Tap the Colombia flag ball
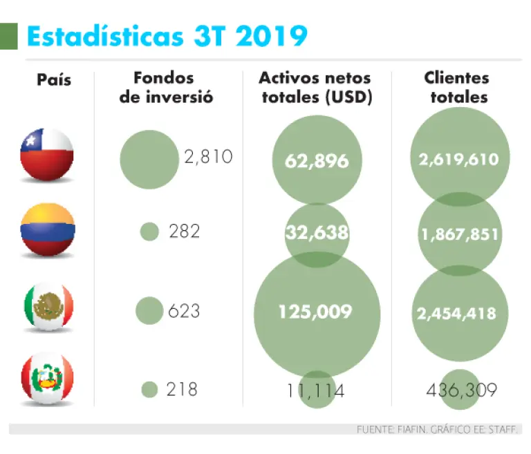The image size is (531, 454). click(x=47, y=231)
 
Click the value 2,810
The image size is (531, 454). click(x=208, y=157)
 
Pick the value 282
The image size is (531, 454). click(x=184, y=231)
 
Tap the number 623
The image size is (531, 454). click(x=184, y=311)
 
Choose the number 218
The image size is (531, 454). click(x=182, y=390)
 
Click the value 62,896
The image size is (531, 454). click(x=317, y=161)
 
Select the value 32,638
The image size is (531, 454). click(x=317, y=232)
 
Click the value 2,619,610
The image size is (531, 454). click(x=458, y=160)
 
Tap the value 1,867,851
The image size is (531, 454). click(x=459, y=234)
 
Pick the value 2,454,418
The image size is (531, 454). click(x=456, y=313)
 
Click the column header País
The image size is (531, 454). click(x=54, y=80)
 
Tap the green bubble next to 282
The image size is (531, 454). click(x=149, y=231)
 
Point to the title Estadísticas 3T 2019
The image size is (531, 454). click(x=167, y=35)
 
